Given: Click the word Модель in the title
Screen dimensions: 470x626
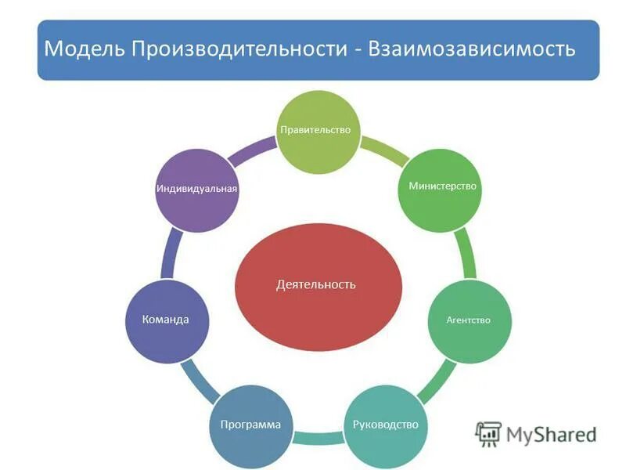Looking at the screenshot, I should coord(85,49).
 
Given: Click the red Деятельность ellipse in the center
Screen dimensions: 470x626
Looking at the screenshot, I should coord(318,284).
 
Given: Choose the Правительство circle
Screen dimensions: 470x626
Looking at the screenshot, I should coord(318,132).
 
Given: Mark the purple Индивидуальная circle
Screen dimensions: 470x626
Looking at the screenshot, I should coord(196,190).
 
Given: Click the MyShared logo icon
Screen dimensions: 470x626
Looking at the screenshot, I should coord(489,434).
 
